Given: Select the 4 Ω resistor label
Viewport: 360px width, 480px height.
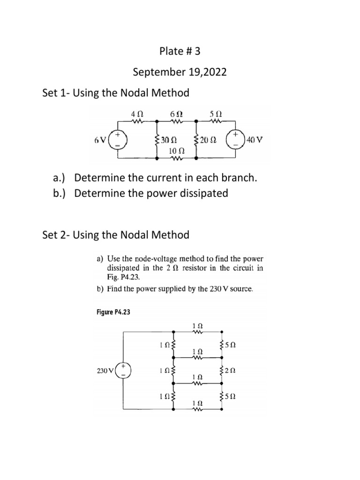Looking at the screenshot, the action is [x=138, y=114].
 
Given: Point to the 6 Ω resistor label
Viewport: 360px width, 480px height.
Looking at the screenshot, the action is [x=176, y=114].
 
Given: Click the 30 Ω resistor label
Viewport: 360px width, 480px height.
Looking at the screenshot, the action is [x=168, y=140].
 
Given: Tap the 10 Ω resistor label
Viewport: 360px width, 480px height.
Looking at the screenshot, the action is [x=176, y=151].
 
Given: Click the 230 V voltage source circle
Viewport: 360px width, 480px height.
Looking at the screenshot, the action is [x=124, y=370].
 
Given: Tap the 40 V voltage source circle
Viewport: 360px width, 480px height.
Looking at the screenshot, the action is [x=237, y=140].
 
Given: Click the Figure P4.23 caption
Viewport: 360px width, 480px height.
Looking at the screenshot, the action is [x=112, y=313].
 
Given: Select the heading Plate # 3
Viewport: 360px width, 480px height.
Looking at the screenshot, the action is [x=180, y=51].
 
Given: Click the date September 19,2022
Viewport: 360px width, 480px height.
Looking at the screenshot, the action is [x=180, y=72].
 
